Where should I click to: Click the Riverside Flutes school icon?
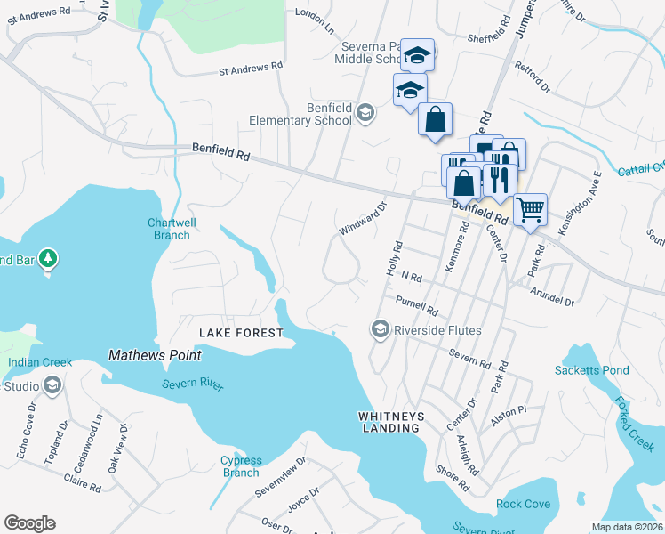(381, 330)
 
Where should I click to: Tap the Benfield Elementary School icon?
(365, 112)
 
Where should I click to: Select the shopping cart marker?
(530, 211)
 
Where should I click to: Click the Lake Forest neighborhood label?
(240, 333)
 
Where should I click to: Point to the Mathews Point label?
(155, 355)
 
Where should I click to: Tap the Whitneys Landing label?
(389, 422)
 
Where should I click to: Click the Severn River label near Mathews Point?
(193, 384)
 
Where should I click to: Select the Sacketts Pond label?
(591, 370)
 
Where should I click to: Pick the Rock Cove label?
(523, 504)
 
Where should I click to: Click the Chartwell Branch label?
(169, 229)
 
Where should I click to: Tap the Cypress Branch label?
(241, 466)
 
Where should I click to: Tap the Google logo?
(29, 522)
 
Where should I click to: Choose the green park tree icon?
(49, 259)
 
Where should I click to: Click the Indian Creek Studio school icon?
(52, 385)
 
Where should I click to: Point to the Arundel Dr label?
(552, 295)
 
